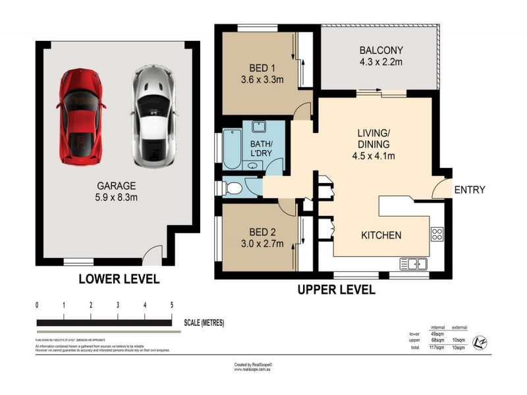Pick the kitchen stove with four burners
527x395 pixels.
click(x=437, y=233)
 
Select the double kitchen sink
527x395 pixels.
click(x=416, y=264)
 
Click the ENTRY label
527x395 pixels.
click(x=470, y=190)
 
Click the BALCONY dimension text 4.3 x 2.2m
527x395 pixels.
click(x=381, y=64)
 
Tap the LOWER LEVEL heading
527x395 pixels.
click(x=119, y=279)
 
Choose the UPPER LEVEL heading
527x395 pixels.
click(x=336, y=290)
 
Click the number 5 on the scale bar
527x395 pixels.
click(x=171, y=305)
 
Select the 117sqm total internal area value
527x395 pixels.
click(x=435, y=348)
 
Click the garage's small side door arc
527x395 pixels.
click(x=153, y=252)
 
